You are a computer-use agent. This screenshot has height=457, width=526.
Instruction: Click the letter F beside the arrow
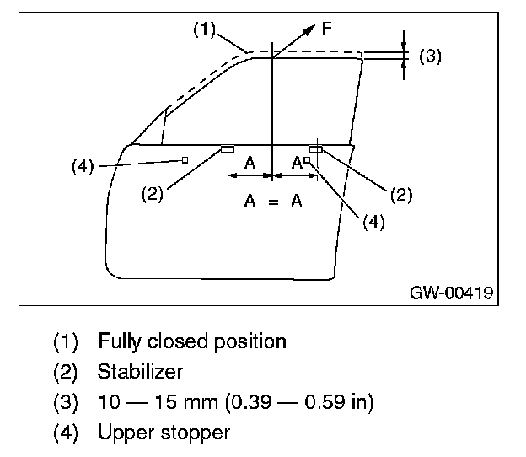pyautogui.click(x=327, y=29)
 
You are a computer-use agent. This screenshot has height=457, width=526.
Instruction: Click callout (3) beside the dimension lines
pyautogui.click(x=430, y=56)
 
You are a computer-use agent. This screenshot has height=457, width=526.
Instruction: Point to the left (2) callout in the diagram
pyautogui.click(x=152, y=194)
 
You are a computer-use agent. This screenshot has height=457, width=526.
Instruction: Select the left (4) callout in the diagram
pyautogui.click(x=82, y=166)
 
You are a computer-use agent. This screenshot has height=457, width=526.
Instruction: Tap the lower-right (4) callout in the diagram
pyautogui.click(x=373, y=221)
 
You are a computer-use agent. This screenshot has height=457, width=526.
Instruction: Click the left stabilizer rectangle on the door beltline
pyautogui.click(x=228, y=149)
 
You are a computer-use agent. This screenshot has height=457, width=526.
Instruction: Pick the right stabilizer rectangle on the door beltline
pyautogui.click(x=315, y=149)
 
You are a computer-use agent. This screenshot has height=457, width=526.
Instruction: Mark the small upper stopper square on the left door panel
pyautogui.click(x=184, y=159)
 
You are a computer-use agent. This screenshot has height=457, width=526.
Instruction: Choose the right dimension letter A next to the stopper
pyautogui.click(x=297, y=164)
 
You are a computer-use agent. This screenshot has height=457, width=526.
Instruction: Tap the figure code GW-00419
pyautogui.click(x=451, y=293)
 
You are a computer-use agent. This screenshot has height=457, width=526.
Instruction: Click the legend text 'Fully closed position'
pyautogui.click(x=192, y=341)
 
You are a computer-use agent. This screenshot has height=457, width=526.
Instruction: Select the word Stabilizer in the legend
pyautogui.click(x=140, y=372)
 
